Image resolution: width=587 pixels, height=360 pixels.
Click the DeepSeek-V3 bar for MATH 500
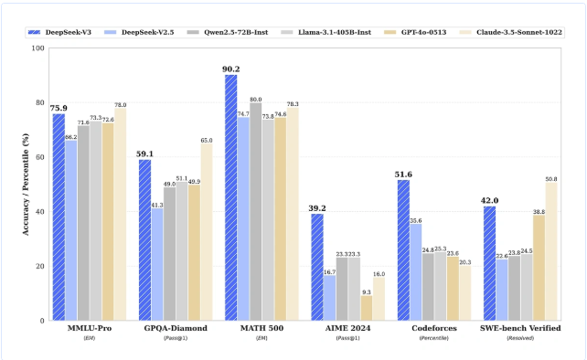coord(231,197)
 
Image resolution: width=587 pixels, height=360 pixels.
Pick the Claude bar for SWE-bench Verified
coord(551,251)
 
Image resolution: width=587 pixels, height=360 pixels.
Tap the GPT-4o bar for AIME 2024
coord(367,308)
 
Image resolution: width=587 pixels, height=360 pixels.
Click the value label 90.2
coord(231,68)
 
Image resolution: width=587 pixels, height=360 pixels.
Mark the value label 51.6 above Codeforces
coord(403,173)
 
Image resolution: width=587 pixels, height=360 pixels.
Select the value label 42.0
coord(489,199)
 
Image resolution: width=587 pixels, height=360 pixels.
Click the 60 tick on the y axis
coord(38,157)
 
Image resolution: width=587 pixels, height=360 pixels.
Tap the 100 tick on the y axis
coord(37,48)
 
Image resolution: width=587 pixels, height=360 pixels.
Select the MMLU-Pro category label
coord(77,328)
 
